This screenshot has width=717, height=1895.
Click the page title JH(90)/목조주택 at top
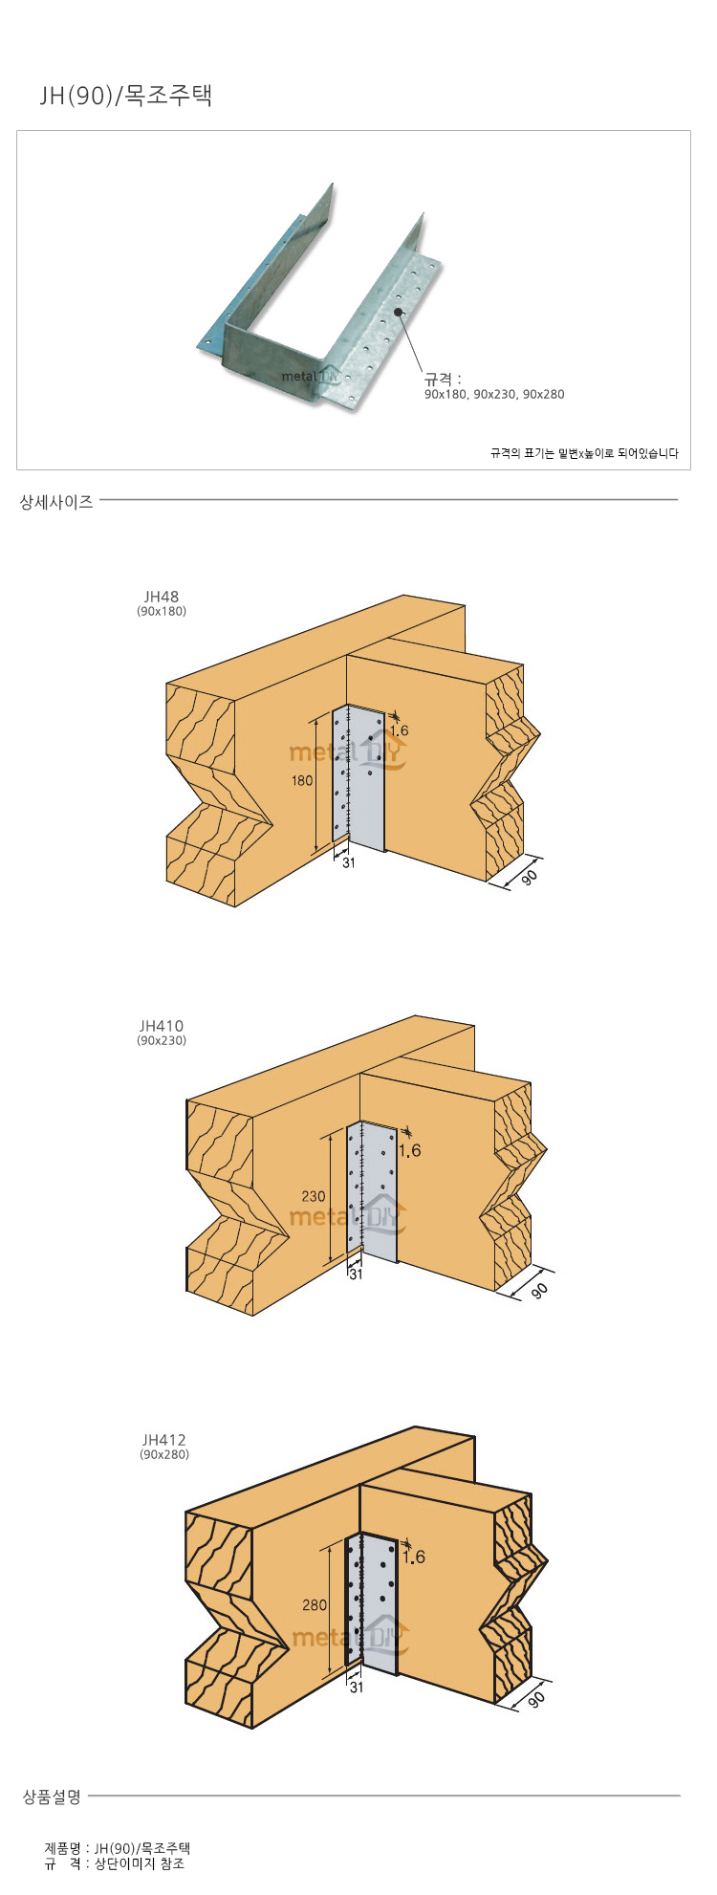[x=125, y=96]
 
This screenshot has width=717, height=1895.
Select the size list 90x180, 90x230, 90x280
[x=494, y=394]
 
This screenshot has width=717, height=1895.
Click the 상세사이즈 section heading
[x=56, y=501]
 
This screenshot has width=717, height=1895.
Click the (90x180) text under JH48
[x=162, y=611]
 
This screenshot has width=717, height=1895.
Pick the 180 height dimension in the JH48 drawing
[x=302, y=780]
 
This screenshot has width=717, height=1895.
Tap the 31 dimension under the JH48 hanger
[x=348, y=862]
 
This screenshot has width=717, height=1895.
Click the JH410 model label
[x=162, y=1027]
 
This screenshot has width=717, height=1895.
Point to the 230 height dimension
[x=313, y=1196]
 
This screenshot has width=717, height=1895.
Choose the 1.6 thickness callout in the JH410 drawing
[x=409, y=1151]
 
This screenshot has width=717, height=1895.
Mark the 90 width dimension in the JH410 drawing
[x=539, y=1290]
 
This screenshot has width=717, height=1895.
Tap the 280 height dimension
[x=315, y=1605]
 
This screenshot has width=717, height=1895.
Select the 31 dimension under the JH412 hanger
[x=356, y=1688]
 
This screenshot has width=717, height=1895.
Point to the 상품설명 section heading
[x=53, y=1797]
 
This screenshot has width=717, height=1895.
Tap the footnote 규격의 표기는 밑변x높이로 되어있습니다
[x=584, y=453]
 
